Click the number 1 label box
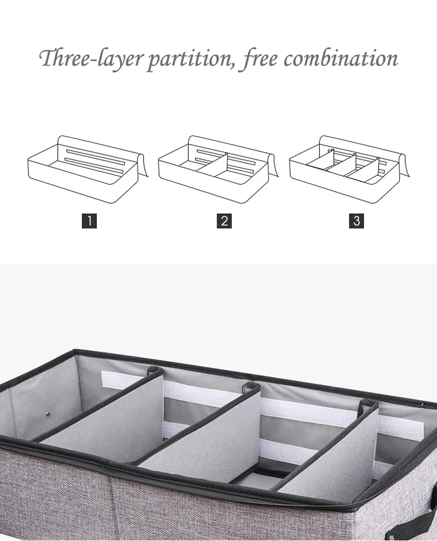89,221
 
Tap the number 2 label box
224,221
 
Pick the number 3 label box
356,221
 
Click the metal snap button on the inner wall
49,414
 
